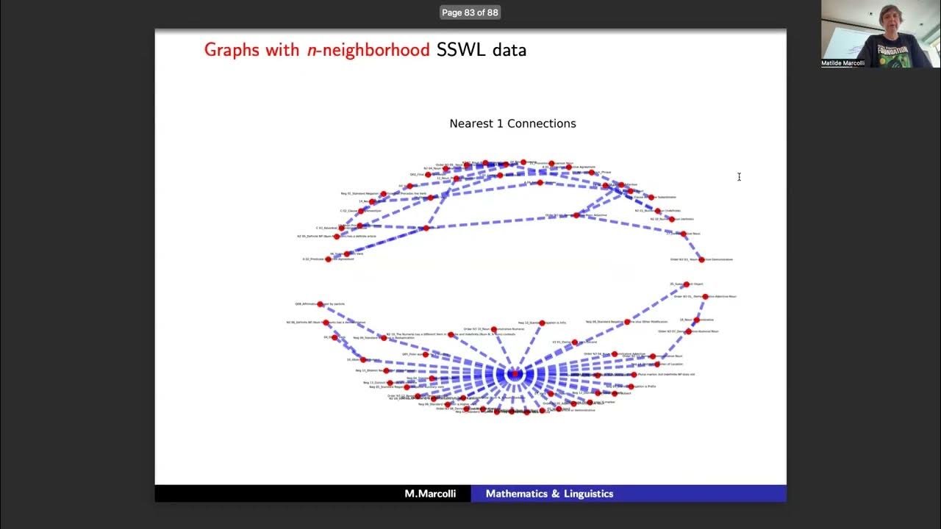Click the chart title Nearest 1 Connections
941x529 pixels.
click(x=512, y=123)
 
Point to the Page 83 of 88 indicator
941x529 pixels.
click(x=470, y=12)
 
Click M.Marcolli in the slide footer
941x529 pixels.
click(x=430, y=494)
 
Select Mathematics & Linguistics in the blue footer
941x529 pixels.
click(x=549, y=494)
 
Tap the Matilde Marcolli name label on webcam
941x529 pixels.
click(x=842, y=63)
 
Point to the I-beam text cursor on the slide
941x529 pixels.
click(x=739, y=176)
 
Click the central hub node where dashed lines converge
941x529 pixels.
click(x=515, y=374)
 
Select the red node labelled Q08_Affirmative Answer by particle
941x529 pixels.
click(x=320, y=303)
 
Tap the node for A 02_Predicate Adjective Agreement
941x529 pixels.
click(x=329, y=259)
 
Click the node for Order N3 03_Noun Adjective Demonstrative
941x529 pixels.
click(x=701, y=259)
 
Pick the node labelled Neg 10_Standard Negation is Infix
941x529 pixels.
click(x=543, y=323)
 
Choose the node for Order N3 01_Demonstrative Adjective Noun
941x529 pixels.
click(x=705, y=297)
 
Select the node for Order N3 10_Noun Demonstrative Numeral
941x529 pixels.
click(x=493, y=329)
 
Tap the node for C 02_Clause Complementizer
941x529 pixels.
click(x=361, y=211)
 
